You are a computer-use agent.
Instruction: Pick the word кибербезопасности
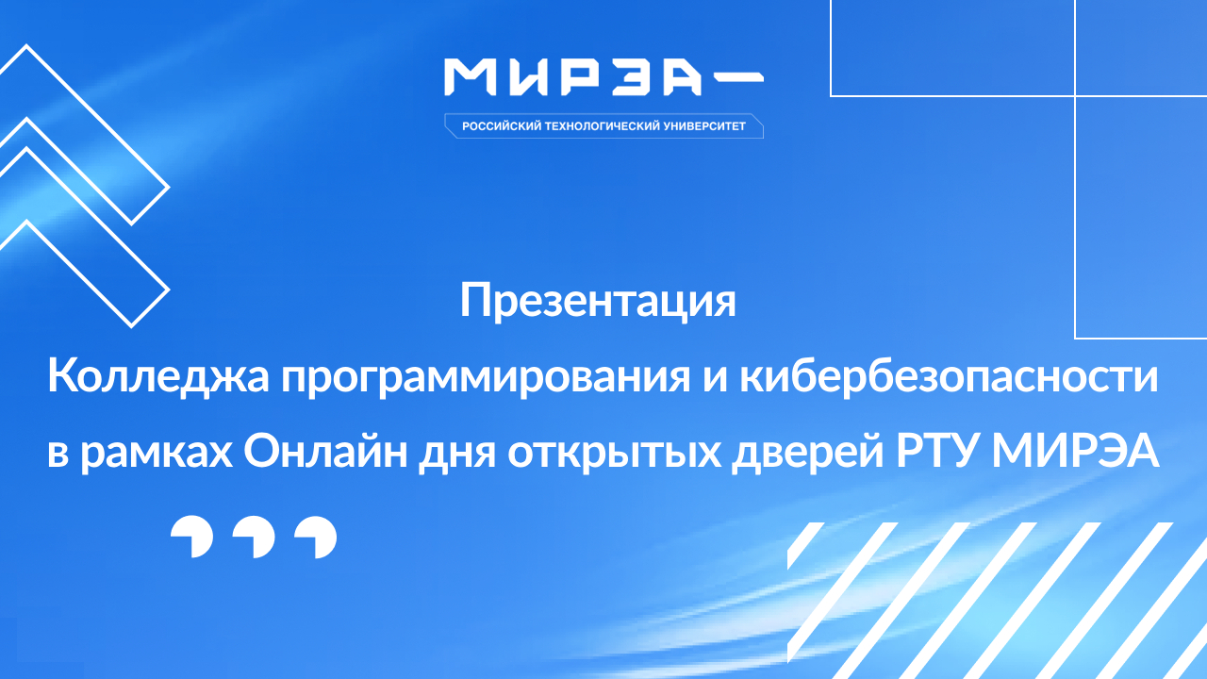pyautogui.click(x=950, y=378)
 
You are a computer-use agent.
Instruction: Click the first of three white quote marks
pyautogui.click(x=191, y=538)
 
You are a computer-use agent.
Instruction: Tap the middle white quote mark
pyautogui.click(x=254, y=538)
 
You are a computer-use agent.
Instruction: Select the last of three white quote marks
pyautogui.click(x=315, y=538)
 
